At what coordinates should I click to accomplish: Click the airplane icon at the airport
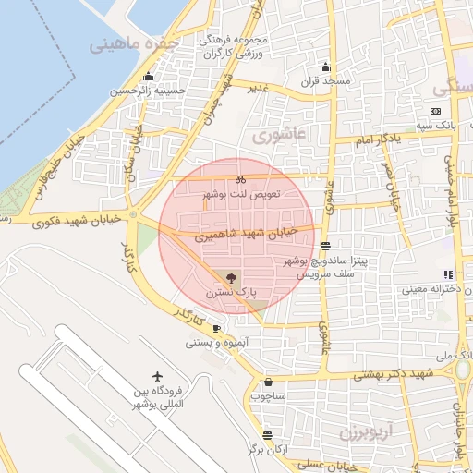(158, 376)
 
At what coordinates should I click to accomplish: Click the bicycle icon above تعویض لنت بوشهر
(239, 179)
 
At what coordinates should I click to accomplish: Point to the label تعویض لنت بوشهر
(239, 195)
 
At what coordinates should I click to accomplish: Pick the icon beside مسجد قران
(325, 67)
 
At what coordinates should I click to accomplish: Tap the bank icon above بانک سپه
(436, 111)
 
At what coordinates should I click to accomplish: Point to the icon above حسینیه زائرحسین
(148, 77)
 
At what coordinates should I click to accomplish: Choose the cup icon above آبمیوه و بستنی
(216, 328)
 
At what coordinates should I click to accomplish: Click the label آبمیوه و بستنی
(218, 342)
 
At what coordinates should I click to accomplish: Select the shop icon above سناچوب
(268, 382)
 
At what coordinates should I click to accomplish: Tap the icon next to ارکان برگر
(267, 435)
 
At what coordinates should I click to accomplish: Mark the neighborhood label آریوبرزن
(366, 431)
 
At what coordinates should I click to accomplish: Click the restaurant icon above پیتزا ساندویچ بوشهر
(325, 246)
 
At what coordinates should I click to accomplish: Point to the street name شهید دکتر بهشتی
(381, 375)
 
